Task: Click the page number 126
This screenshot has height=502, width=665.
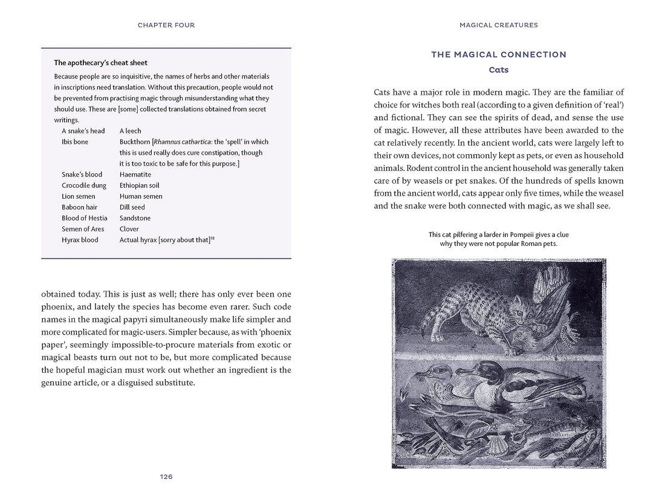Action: (166, 477)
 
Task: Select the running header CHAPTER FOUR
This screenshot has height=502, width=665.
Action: (166, 25)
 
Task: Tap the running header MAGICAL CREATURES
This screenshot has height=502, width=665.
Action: (499, 25)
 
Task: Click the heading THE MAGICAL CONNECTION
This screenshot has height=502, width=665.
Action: (499, 55)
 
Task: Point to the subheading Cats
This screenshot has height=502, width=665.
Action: (499, 70)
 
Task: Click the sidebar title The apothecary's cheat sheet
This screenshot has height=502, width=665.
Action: (101, 63)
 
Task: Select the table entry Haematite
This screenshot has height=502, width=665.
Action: (135, 175)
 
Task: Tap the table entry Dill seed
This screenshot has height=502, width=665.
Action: (132, 207)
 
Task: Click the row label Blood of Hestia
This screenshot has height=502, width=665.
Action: (85, 218)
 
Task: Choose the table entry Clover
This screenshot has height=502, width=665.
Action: (129, 229)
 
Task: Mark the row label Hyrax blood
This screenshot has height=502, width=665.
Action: (81, 240)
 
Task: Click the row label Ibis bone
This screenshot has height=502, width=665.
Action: (75, 142)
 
